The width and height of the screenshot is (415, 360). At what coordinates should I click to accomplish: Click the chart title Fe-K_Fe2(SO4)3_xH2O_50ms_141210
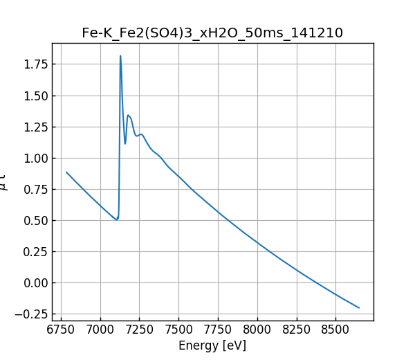[x=212, y=33]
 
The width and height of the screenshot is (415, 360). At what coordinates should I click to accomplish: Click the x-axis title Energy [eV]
[x=212, y=345]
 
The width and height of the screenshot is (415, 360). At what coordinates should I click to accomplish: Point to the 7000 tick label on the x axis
[x=100, y=329]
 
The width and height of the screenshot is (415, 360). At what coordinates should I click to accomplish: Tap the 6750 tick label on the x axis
[x=61, y=329]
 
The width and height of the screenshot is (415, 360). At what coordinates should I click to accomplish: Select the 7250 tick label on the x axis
[x=139, y=329]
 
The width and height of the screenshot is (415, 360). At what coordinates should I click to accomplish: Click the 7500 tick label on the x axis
[x=178, y=329]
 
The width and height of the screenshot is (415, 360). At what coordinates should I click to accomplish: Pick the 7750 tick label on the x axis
[x=217, y=329]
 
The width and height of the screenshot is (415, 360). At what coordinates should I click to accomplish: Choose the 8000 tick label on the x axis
[x=257, y=329]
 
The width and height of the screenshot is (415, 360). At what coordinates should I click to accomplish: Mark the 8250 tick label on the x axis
[x=296, y=329]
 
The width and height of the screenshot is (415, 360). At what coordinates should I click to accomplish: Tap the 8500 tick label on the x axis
[x=335, y=329]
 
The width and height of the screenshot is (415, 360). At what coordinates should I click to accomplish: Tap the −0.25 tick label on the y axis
[x=31, y=314]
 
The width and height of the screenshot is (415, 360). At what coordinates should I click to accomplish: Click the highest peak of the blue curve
[x=120, y=56]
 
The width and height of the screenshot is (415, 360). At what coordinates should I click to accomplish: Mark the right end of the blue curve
[x=359, y=307]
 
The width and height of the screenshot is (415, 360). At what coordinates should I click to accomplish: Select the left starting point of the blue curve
[x=66, y=172]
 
